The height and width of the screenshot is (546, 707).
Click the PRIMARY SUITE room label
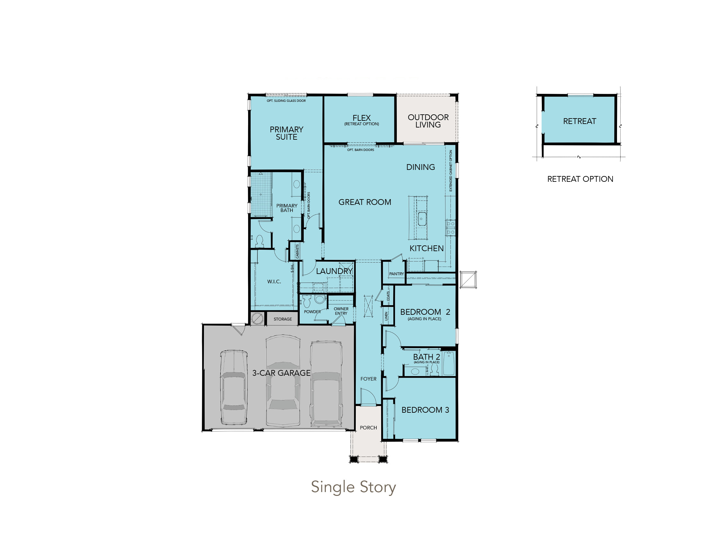pyautogui.click(x=286, y=133)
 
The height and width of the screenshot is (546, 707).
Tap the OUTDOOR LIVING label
pyautogui.click(x=428, y=121)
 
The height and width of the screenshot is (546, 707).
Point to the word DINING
pyautogui.click(x=421, y=167)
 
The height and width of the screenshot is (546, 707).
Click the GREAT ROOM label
pyautogui.click(x=365, y=202)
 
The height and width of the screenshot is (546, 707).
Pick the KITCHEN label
pyautogui.click(x=427, y=248)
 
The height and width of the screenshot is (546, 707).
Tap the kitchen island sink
pyautogui.click(x=422, y=219)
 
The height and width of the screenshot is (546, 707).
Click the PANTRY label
pyautogui.click(x=397, y=274)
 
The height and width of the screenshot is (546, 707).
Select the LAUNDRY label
pyautogui.click(x=335, y=271)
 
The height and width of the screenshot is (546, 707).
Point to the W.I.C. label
pyautogui.click(x=274, y=282)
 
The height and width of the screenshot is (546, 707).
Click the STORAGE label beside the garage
pyautogui.click(x=282, y=319)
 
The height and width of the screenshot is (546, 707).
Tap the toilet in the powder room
pyautogui.click(x=307, y=301)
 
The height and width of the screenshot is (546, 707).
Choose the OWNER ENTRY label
pyautogui.click(x=341, y=311)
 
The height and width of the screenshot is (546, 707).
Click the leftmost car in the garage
pyautogui.click(x=234, y=388)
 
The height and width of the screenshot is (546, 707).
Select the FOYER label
pyautogui.click(x=368, y=379)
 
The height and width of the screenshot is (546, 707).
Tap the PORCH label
pyautogui.click(x=368, y=427)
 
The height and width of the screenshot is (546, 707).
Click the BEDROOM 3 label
pyautogui.click(x=425, y=410)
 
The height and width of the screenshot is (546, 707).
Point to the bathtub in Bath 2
pyautogui.click(x=449, y=363)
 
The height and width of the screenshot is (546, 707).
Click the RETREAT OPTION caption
pyautogui.click(x=580, y=179)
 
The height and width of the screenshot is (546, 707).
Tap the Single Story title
pyautogui.click(x=353, y=487)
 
